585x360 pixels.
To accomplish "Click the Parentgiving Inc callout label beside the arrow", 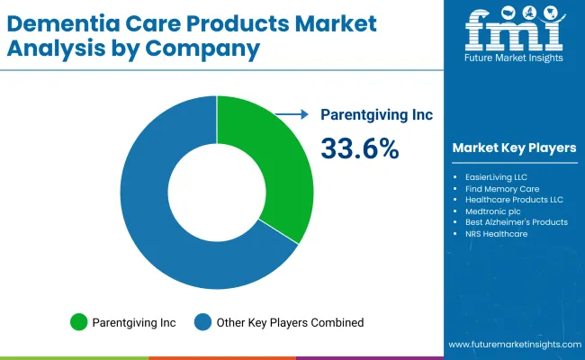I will point(377,114).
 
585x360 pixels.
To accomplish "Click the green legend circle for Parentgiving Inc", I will point(78,321).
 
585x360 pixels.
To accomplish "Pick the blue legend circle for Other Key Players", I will point(204,321).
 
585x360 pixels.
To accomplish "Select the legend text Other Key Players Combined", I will point(290,321).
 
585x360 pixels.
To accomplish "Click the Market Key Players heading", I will point(514,148).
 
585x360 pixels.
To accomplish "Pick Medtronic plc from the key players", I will point(490,211).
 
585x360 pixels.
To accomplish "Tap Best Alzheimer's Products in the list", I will point(516,222).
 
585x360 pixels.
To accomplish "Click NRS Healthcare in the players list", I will point(496,233).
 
